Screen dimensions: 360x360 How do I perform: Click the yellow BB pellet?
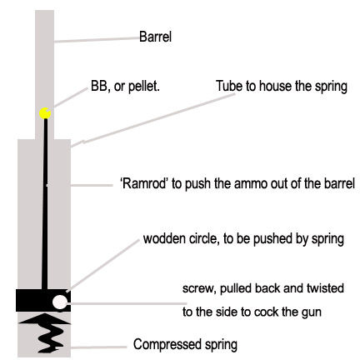click(45, 113)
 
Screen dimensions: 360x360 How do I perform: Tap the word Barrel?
click(155, 37)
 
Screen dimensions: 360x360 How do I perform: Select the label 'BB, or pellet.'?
click(125, 87)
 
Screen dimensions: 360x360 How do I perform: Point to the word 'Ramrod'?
click(144, 183)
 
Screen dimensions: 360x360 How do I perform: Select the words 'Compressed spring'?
click(185, 345)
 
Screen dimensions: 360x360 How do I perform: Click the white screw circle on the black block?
click(59, 302)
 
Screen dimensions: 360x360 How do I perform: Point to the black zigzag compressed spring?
click(46, 332)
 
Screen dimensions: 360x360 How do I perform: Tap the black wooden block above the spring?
click(43, 300)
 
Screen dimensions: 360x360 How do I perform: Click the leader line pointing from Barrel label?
click(97, 40)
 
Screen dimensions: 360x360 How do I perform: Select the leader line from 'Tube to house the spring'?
click(152, 119)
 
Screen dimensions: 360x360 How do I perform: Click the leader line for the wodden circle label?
click(102, 265)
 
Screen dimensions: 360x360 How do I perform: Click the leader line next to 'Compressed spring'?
click(98, 347)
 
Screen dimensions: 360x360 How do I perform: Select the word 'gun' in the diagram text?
click(312, 312)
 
